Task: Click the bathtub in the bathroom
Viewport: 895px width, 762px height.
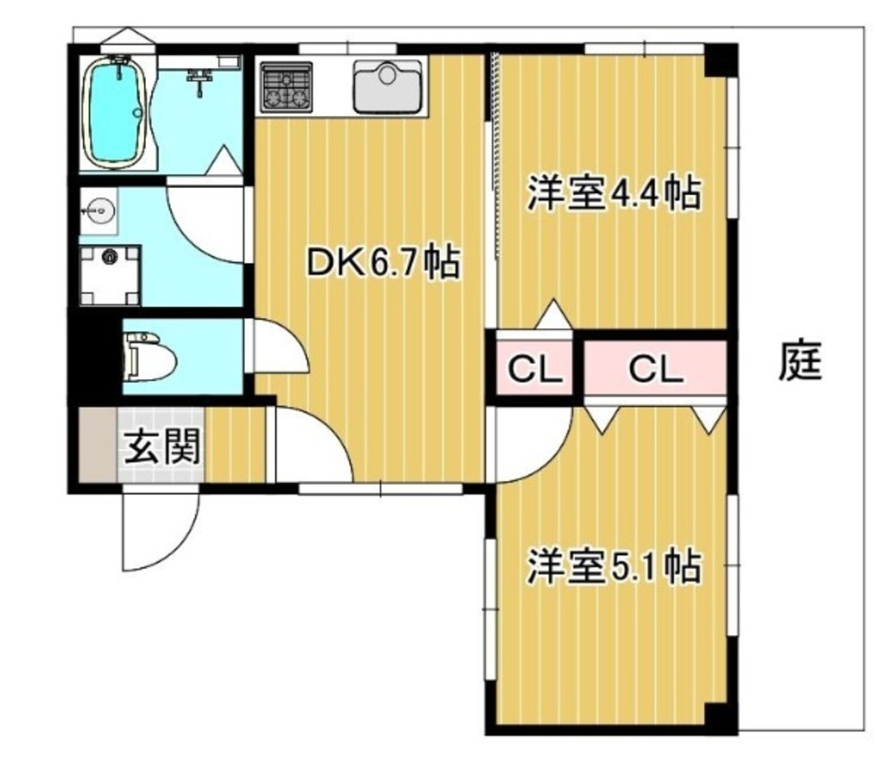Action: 116,113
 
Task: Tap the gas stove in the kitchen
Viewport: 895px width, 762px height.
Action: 286,87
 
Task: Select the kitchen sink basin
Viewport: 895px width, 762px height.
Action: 389,86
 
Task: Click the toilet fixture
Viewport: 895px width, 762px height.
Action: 149,358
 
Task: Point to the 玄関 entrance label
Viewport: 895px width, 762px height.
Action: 163,446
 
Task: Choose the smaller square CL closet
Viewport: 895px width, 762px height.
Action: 534,368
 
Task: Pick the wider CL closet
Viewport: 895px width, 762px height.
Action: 655,368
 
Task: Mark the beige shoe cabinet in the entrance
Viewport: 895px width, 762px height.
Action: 98,444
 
